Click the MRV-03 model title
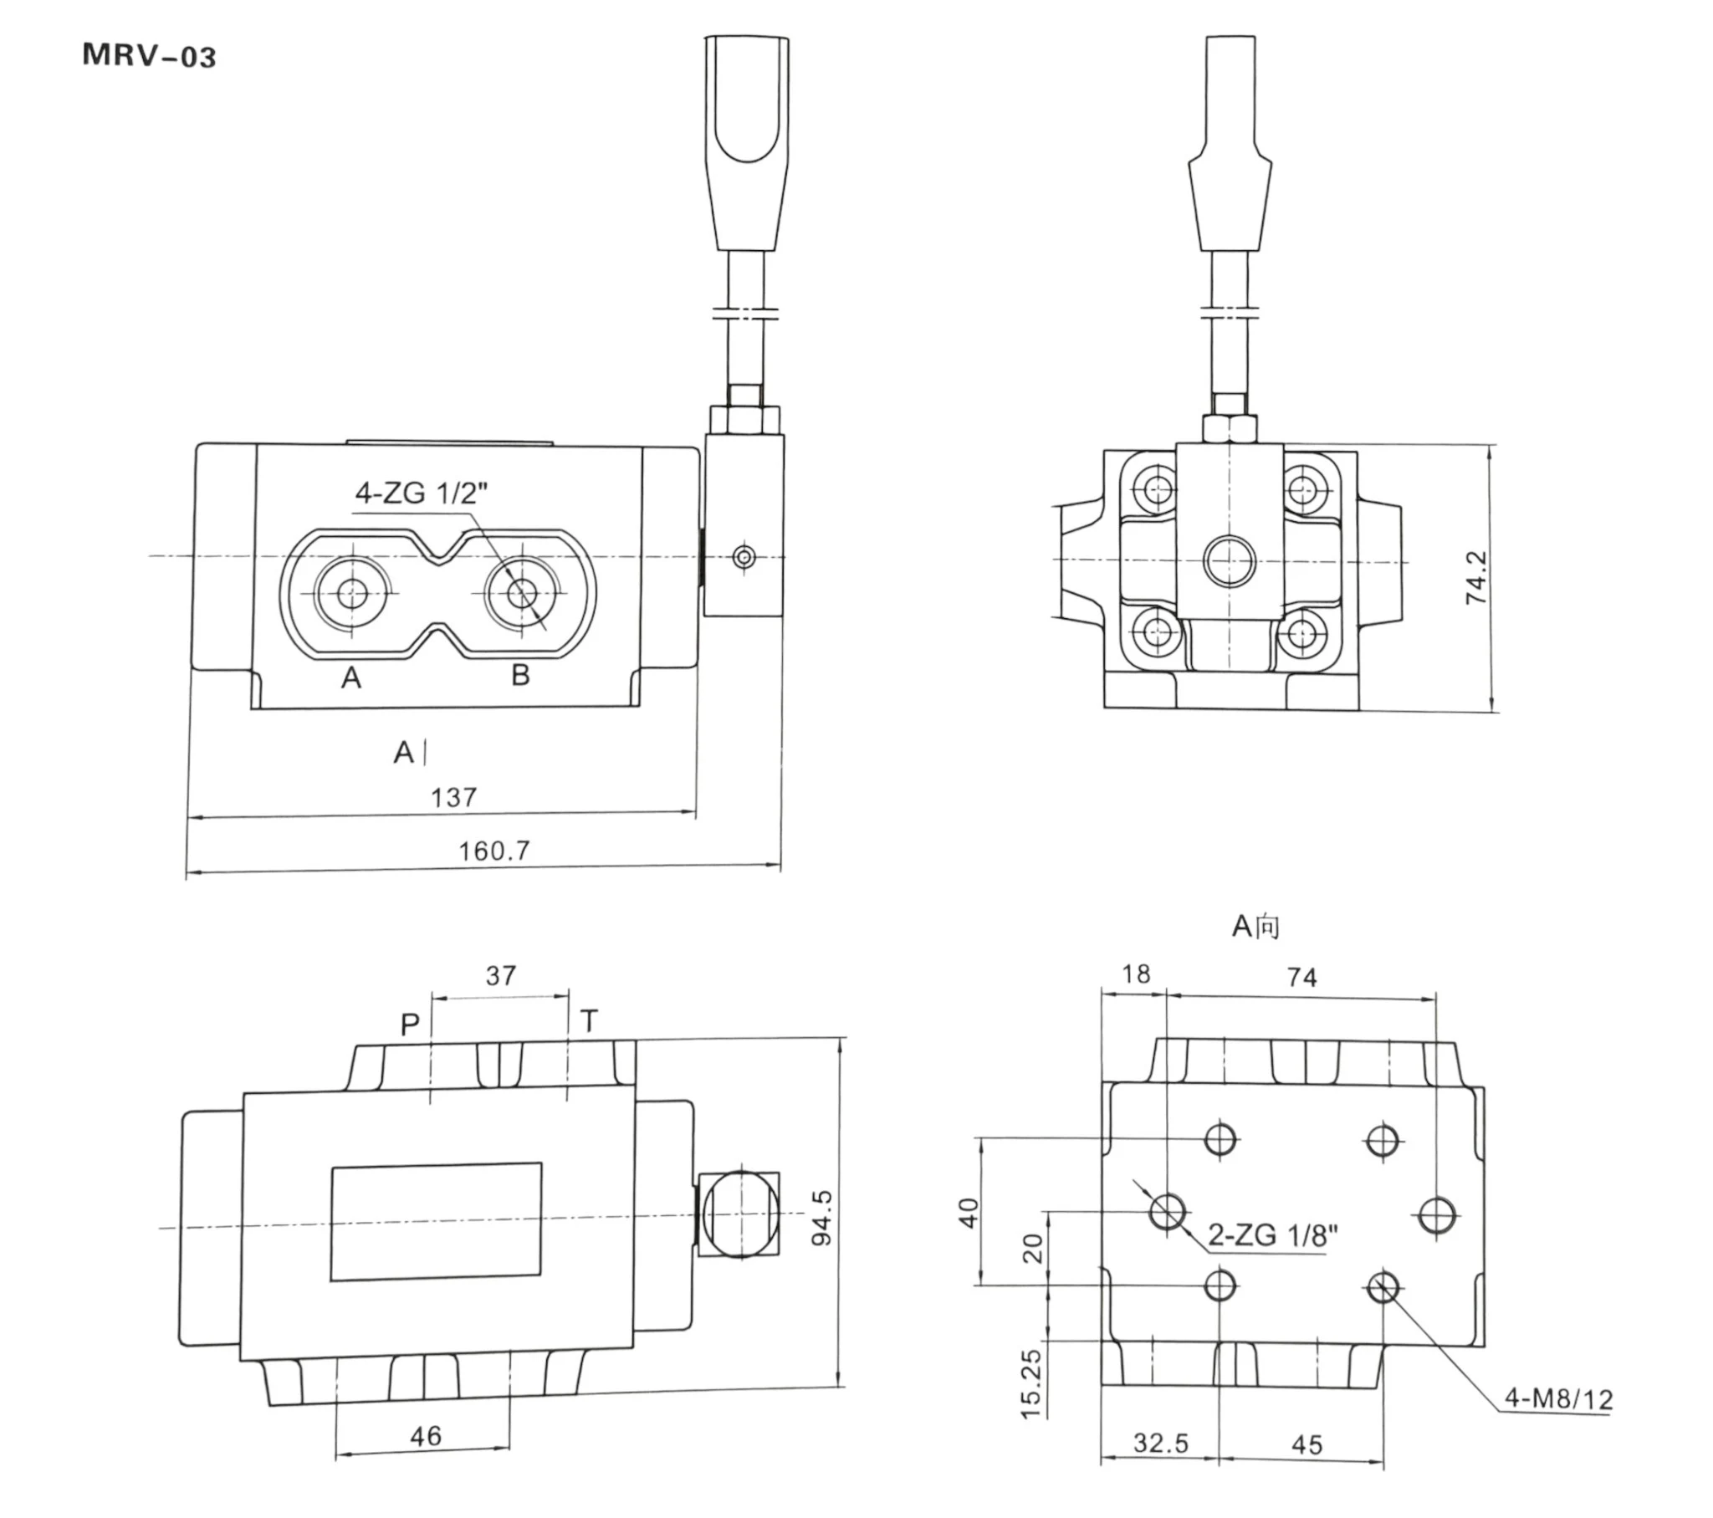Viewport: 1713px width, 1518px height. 149,56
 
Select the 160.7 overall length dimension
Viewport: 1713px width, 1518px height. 493,851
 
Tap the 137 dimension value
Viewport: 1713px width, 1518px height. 453,797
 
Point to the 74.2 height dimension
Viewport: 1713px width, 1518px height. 1475,577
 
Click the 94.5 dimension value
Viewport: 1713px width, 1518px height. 822,1217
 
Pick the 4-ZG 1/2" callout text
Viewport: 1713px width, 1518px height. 421,493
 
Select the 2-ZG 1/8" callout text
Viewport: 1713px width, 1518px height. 1273,1234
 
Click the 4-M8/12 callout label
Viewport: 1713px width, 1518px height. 1559,1398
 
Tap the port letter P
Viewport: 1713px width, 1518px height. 410,1025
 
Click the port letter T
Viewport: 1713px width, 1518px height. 589,1021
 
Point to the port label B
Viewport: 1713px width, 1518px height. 520,675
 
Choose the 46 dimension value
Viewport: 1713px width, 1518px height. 426,1436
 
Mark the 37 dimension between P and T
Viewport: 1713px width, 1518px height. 501,976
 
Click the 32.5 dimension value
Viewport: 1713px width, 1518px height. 1161,1443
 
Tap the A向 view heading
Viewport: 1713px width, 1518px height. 1255,926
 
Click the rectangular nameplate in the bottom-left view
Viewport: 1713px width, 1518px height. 436,1221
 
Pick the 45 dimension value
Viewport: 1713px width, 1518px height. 1307,1444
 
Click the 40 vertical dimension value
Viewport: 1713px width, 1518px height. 968,1213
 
